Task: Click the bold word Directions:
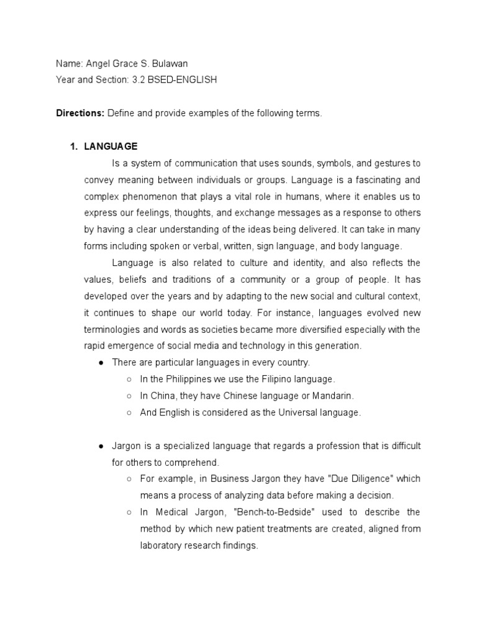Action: coord(80,113)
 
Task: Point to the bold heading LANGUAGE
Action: coord(111,147)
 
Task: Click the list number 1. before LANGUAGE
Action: coord(73,147)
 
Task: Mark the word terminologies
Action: coord(117,329)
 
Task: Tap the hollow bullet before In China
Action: coord(129,395)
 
